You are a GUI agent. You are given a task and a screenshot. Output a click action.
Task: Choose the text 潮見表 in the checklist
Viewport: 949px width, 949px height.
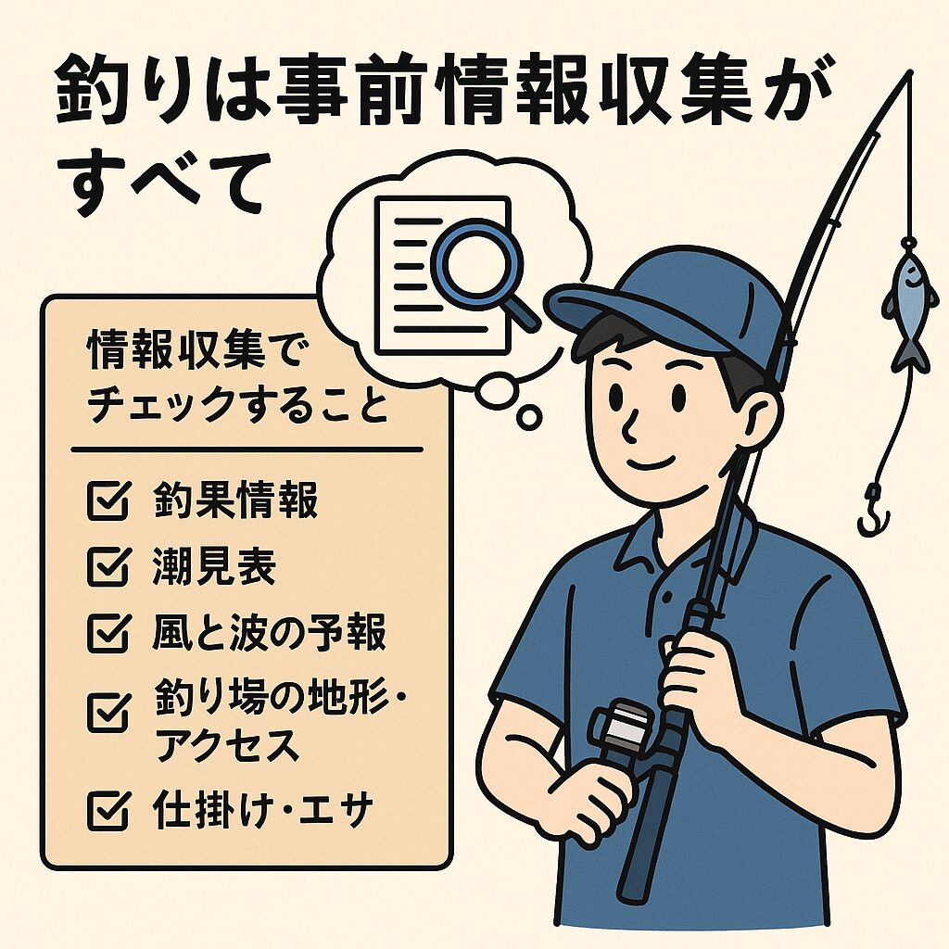point(214,567)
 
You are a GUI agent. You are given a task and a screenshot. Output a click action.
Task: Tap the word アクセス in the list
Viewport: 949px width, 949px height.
point(226,744)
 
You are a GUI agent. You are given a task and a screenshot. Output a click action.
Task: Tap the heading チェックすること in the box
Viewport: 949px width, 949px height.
point(236,406)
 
